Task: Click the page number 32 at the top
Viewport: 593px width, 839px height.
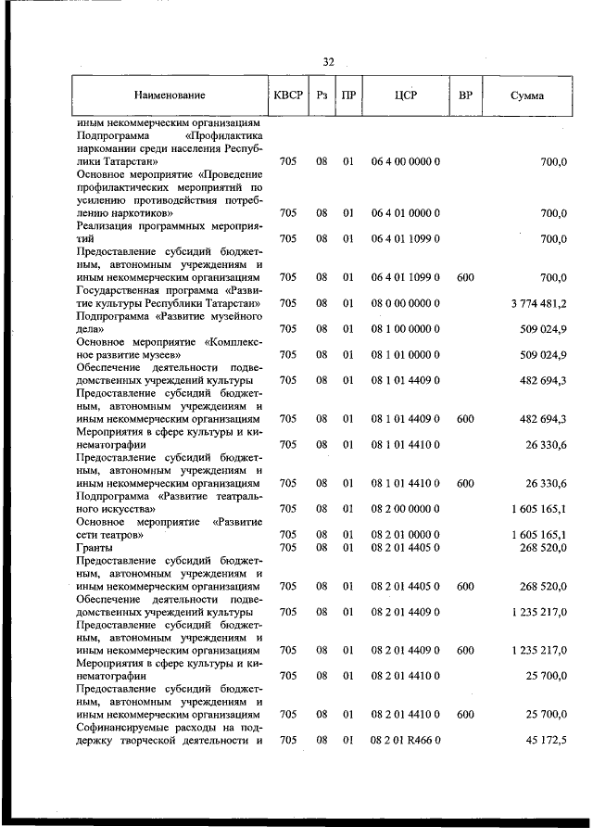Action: [328, 61]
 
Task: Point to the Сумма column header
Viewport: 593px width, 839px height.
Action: [526, 95]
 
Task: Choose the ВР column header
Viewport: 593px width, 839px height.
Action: [465, 95]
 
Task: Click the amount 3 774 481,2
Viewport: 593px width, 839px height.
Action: [538, 303]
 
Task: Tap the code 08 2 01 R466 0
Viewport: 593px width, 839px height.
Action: [406, 739]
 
